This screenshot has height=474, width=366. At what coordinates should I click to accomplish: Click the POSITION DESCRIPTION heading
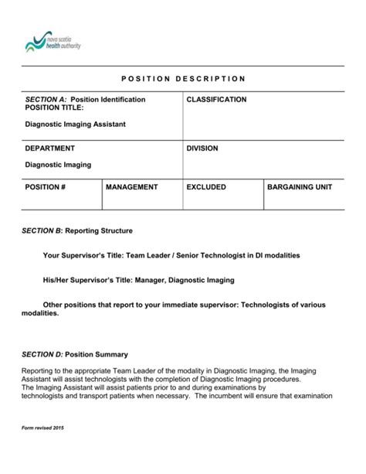(x=183, y=79)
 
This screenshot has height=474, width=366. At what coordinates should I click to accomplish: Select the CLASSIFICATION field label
(x=216, y=100)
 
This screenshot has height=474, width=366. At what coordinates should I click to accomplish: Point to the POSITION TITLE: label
(x=54, y=108)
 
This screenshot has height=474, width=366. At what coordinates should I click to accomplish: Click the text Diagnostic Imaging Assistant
(x=75, y=124)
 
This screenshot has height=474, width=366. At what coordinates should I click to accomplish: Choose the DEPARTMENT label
(x=50, y=148)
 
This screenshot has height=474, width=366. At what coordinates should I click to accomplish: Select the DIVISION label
(x=202, y=148)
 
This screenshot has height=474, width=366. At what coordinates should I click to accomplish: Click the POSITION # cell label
(x=46, y=187)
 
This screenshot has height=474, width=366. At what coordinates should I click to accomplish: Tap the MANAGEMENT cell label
(x=132, y=187)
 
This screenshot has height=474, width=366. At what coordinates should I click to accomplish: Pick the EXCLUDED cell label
(x=206, y=187)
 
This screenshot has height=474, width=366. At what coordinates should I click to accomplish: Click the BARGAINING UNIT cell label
(x=300, y=187)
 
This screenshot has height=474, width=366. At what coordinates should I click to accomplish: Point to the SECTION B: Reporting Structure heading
(x=78, y=230)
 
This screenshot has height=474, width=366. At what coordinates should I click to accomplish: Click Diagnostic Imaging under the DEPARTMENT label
(x=59, y=165)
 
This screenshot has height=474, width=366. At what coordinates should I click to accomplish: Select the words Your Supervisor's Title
(x=80, y=255)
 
